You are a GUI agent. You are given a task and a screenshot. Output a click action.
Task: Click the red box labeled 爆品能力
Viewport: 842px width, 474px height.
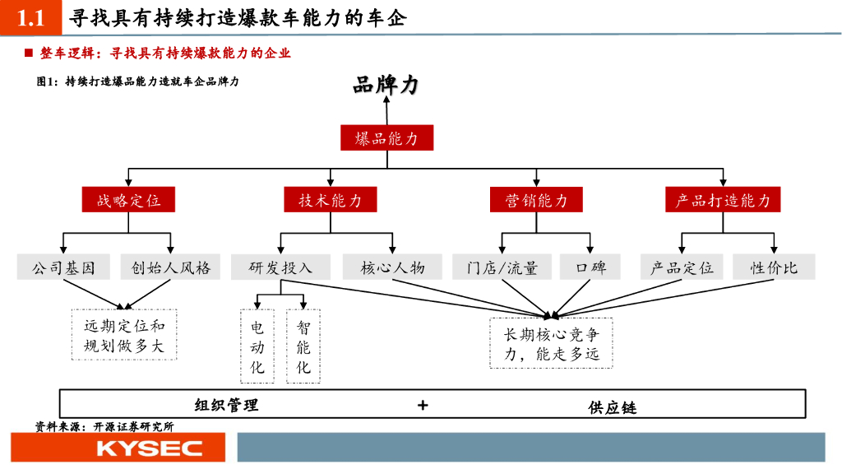coord(386,138)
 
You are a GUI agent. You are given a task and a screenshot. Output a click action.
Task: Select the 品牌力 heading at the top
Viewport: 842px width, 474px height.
coord(386,86)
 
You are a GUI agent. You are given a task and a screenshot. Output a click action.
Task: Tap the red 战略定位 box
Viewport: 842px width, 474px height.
coord(129,200)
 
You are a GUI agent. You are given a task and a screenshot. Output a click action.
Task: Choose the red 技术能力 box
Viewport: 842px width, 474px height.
coord(330,200)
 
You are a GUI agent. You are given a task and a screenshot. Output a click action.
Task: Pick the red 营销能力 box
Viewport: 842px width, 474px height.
coord(536,200)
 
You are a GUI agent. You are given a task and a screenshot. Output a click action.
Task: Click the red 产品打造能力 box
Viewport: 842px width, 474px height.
coord(723,200)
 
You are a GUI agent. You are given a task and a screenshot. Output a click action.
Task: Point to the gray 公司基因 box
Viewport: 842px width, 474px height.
coord(64,267)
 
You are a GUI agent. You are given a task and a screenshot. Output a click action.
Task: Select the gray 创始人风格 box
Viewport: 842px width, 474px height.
coord(171,267)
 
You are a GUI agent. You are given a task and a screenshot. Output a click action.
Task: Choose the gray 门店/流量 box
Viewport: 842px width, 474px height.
coord(502,267)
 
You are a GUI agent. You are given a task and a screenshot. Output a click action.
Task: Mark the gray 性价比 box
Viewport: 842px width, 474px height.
coord(774,267)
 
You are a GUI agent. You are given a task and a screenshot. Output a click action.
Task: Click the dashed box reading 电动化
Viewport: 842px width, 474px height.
coord(257,346)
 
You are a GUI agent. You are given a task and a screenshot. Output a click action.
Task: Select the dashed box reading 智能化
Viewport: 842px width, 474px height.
coord(303,346)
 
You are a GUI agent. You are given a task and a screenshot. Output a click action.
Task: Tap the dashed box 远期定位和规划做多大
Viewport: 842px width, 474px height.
coord(124,336)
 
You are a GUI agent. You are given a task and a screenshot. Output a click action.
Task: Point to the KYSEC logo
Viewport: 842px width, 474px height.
coord(118,448)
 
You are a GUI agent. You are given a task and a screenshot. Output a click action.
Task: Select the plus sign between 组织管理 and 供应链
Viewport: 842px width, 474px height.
coord(423,405)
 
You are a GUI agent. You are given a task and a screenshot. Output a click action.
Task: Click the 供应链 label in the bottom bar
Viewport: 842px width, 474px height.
coord(613,407)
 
